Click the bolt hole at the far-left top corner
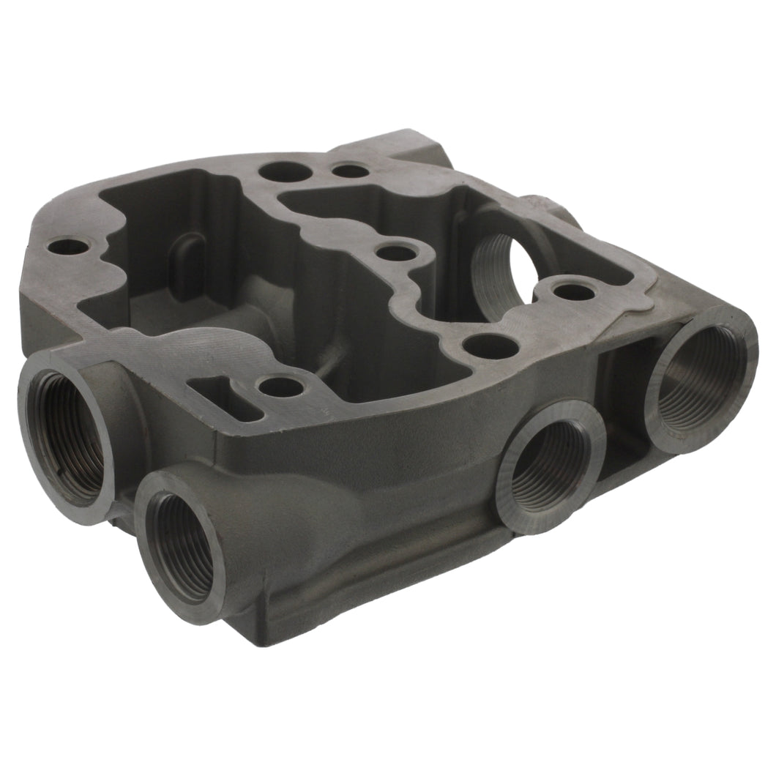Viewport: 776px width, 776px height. [x=67, y=247]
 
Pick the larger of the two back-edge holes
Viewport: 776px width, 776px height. [x=285, y=171]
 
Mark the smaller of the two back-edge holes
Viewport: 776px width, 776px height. [x=351, y=171]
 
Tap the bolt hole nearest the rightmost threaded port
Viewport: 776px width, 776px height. [x=573, y=291]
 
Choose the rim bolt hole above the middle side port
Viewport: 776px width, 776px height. [x=490, y=346]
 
